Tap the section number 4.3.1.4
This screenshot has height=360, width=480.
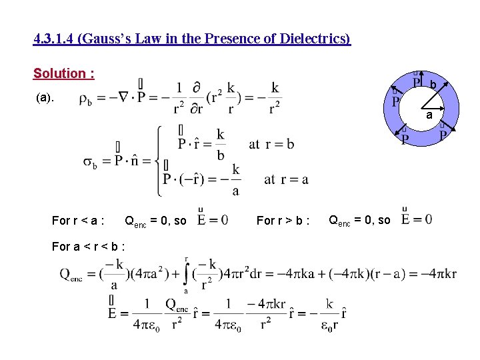(x=54, y=39)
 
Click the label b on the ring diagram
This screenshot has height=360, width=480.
(x=433, y=85)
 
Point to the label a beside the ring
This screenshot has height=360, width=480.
(x=430, y=115)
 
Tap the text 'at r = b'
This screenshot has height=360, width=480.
(x=271, y=144)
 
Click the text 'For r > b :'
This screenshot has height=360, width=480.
(x=283, y=221)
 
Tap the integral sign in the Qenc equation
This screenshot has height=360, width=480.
(x=186, y=273)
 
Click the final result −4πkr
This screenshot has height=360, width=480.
(x=441, y=275)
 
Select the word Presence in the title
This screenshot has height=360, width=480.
(x=227, y=39)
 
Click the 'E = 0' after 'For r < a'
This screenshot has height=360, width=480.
(x=213, y=220)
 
